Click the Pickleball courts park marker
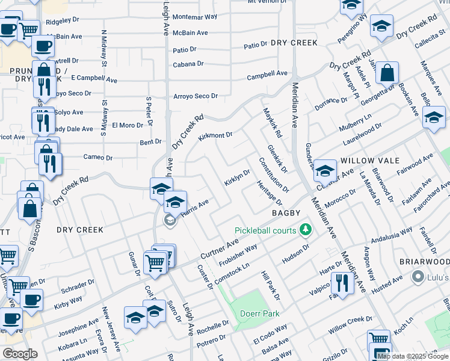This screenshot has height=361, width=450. coord(306,230)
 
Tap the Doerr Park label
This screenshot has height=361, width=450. coord(260,313)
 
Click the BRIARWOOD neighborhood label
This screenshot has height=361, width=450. coord(424,262)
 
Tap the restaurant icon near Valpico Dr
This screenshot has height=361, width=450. coord(342,283)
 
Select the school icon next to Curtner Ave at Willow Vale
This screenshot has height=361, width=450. coord(325,171)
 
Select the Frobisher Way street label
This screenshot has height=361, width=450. coord(238,255)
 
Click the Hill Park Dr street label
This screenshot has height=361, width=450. coord(270,285)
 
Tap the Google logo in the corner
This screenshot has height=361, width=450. coord(20,354)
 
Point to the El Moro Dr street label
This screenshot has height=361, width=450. coord(127,125)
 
